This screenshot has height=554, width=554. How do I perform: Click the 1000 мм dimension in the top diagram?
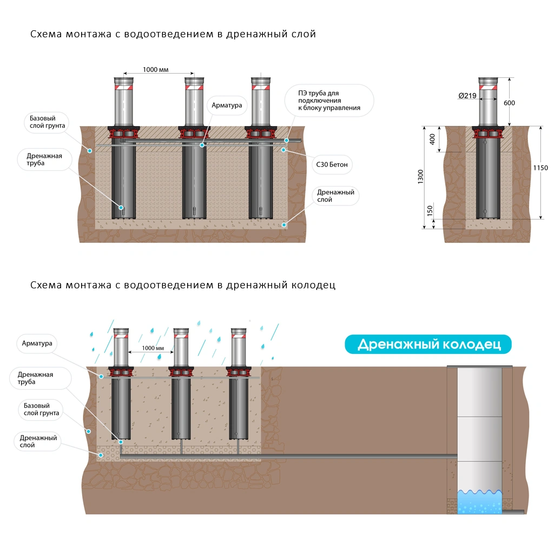156,69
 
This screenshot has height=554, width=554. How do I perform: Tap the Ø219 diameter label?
468,96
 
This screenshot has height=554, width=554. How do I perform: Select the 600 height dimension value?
509,103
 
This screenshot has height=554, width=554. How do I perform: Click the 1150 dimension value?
540,168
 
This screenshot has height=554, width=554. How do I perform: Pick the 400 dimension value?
432,138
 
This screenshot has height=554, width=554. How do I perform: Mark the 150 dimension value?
431,211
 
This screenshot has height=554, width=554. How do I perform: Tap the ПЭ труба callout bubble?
329,101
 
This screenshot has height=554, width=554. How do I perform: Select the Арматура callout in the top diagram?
227,105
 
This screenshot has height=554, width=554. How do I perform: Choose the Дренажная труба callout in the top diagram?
44,159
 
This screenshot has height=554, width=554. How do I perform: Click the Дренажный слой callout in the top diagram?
335,196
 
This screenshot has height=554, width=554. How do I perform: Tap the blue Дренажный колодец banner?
428,344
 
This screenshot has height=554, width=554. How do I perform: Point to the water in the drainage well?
479,503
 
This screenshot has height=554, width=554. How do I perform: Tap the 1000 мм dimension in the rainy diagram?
152,348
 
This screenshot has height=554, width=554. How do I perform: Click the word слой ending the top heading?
303,34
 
